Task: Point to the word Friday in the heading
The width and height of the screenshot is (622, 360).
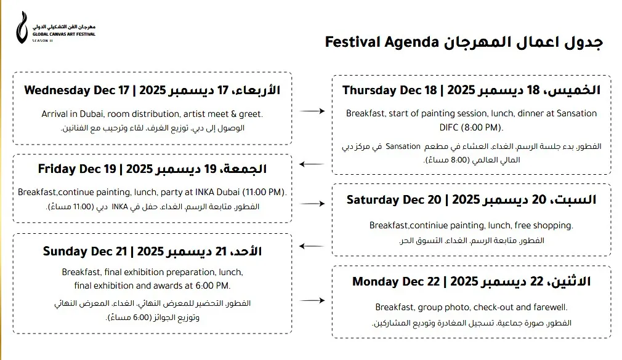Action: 57,169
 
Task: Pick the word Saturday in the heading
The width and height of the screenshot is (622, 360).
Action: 373,200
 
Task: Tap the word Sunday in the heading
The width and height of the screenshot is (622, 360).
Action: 63,251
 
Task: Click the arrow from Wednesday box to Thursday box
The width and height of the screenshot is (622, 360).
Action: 312,111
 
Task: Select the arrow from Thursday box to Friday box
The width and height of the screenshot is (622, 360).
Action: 312,164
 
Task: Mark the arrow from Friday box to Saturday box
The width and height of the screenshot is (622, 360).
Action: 312,203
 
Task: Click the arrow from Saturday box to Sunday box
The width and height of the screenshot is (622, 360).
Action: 312,247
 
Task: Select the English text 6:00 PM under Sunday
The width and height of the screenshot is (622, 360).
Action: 213,286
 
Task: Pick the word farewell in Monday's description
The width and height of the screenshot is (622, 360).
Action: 551,307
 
